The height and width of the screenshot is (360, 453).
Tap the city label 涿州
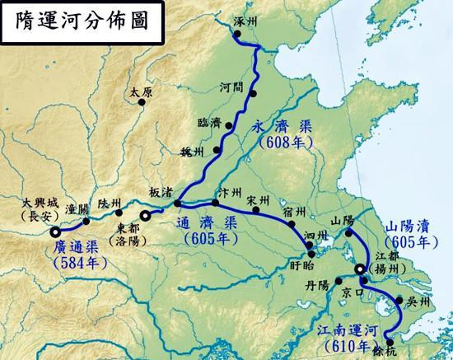(245, 19)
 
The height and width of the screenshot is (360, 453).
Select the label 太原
(142, 91)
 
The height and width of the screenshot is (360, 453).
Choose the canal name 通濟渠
(208, 223)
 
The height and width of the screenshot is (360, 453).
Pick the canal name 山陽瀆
(409, 226)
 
